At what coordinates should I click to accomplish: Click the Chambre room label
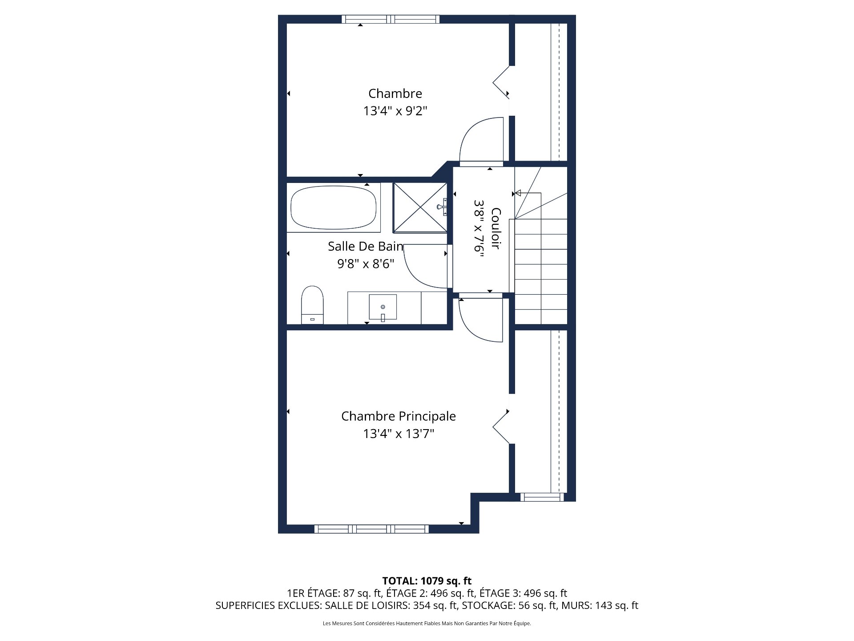[x=395, y=93]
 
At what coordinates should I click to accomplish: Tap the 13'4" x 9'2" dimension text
[x=395, y=111]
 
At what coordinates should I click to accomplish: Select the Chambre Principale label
[x=398, y=416]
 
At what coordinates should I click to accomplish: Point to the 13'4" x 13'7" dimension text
[x=398, y=434]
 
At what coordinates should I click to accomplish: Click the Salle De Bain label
[x=365, y=246]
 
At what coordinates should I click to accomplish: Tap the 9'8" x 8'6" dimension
[x=366, y=264]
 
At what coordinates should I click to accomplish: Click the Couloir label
[x=496, y=228]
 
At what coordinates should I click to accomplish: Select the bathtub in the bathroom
[x=333, y=207]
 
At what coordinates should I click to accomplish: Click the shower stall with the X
[x=420, y=207]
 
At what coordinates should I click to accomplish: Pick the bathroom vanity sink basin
[x=383, y=307]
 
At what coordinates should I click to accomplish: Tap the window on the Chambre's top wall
[x=391, y=19]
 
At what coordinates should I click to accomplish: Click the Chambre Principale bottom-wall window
[x=371, y=529]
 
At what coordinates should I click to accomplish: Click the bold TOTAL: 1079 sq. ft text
[x=427, y=581]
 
